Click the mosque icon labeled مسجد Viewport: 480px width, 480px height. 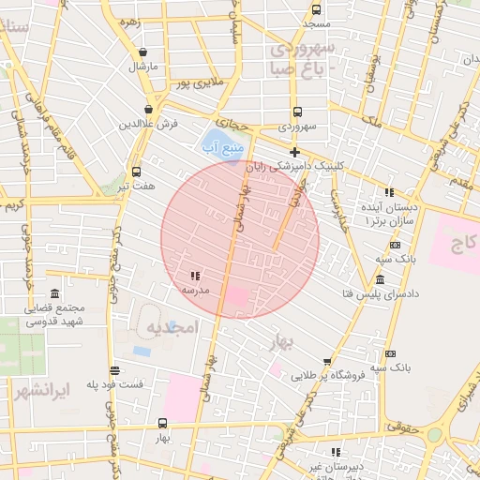[316, 11]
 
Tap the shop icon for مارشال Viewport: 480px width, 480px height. [142, 52]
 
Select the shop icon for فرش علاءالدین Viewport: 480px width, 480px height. [149, 110]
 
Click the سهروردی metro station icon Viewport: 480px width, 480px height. [297, 111]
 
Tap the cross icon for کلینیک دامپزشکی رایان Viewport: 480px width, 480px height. [294, 152]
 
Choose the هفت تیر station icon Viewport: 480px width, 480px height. [137, 172]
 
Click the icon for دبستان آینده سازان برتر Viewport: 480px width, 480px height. [390, 192]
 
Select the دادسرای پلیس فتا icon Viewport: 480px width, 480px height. [379, 280]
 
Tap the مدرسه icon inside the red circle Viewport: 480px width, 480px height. [195, 276]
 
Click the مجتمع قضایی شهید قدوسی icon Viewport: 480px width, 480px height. [54, 293]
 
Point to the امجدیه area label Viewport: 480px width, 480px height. [172, 327]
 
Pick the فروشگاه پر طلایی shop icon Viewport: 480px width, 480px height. [326, 362]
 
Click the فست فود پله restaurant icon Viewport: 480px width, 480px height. [114, 370]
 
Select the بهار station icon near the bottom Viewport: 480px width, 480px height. [164, 424]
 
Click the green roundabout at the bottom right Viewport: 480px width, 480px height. [433, 435]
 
